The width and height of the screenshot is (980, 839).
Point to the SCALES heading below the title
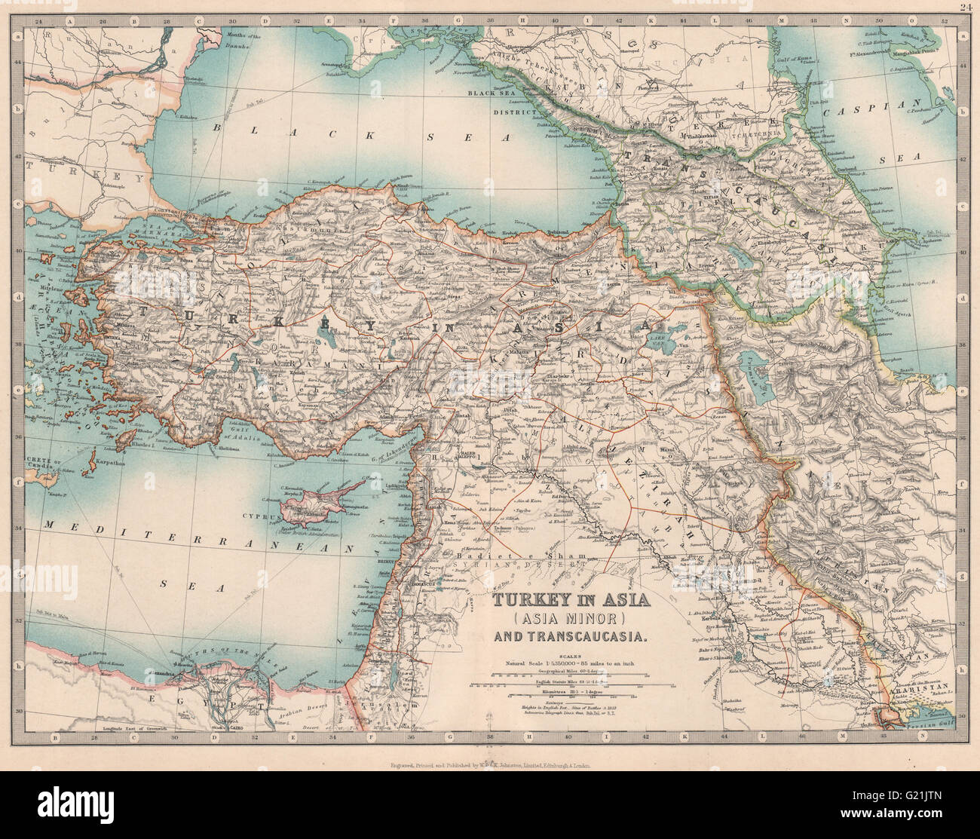click(x=569, y=655)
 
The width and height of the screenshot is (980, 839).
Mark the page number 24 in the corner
click(x=969, y=8)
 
